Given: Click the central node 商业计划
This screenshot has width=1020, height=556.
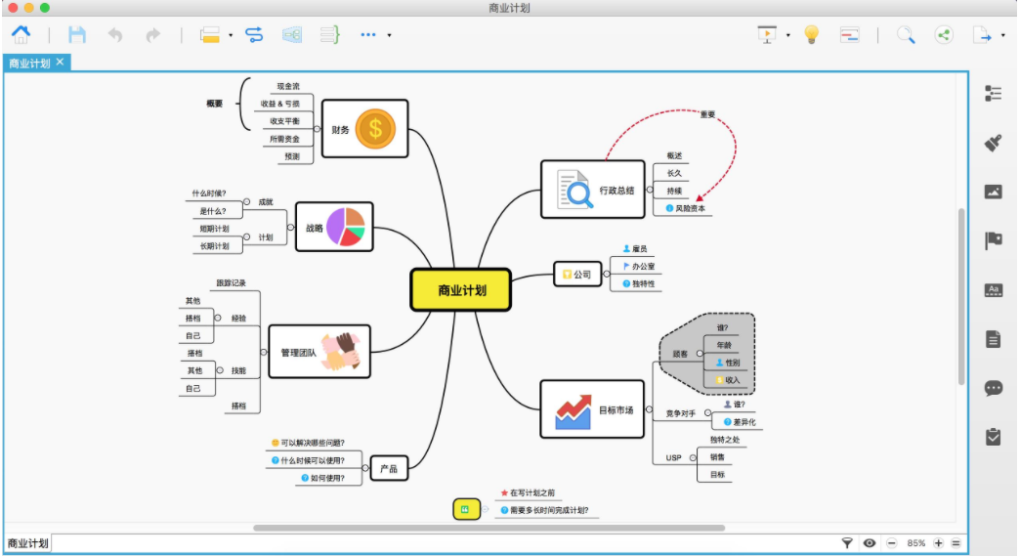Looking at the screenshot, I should (x=461, y=290).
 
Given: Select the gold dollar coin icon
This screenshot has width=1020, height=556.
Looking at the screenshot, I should (x=375, y=128).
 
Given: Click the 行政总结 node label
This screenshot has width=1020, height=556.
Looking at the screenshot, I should (x=616, y=190).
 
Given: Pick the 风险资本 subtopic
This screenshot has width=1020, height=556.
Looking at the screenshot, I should (x=687, y=208).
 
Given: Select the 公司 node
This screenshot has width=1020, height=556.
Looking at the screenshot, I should (x=576, y=275).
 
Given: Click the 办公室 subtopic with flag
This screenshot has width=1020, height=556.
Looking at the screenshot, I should (x=642, y=266).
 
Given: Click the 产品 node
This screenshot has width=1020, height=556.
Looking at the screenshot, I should (x=388, y=470).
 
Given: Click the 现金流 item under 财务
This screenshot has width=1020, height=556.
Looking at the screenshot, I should (x=288, y=86).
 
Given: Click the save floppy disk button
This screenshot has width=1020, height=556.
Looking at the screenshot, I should (x=77, y=34).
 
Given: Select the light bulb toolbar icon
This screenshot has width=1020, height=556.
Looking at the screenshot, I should (x=811, y=34).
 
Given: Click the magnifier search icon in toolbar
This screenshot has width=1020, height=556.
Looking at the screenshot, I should (x=906, y=34).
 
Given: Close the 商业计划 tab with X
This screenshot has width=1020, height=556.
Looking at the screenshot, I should (x=60, y=62).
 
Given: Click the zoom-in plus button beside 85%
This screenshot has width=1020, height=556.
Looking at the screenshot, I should (x=938, y=542).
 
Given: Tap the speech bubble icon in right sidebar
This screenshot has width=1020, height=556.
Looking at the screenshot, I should (x=994, y=388).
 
